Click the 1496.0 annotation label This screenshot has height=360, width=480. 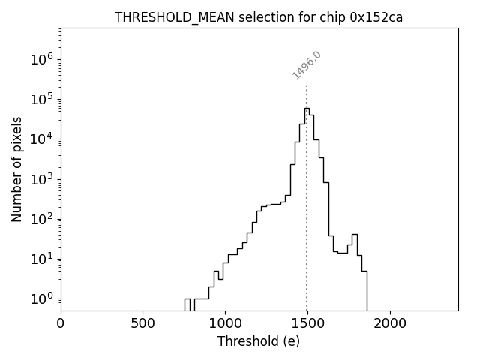[307, 65]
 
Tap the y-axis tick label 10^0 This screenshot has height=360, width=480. [42, 298]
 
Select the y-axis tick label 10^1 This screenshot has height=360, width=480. [42, 259]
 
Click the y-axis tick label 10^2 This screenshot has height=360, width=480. [42, 219]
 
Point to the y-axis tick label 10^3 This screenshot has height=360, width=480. [42, 179]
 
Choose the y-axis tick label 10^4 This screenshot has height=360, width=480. [42, 139]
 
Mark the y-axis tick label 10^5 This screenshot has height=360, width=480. [42, 100]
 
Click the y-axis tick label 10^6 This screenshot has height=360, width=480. [42, 60]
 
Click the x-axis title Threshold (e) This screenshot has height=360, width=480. [259, 341]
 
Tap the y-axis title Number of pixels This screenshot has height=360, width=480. [16, 169]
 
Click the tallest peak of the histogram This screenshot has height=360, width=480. [307, 109]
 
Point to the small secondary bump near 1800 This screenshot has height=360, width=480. [355, 235]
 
